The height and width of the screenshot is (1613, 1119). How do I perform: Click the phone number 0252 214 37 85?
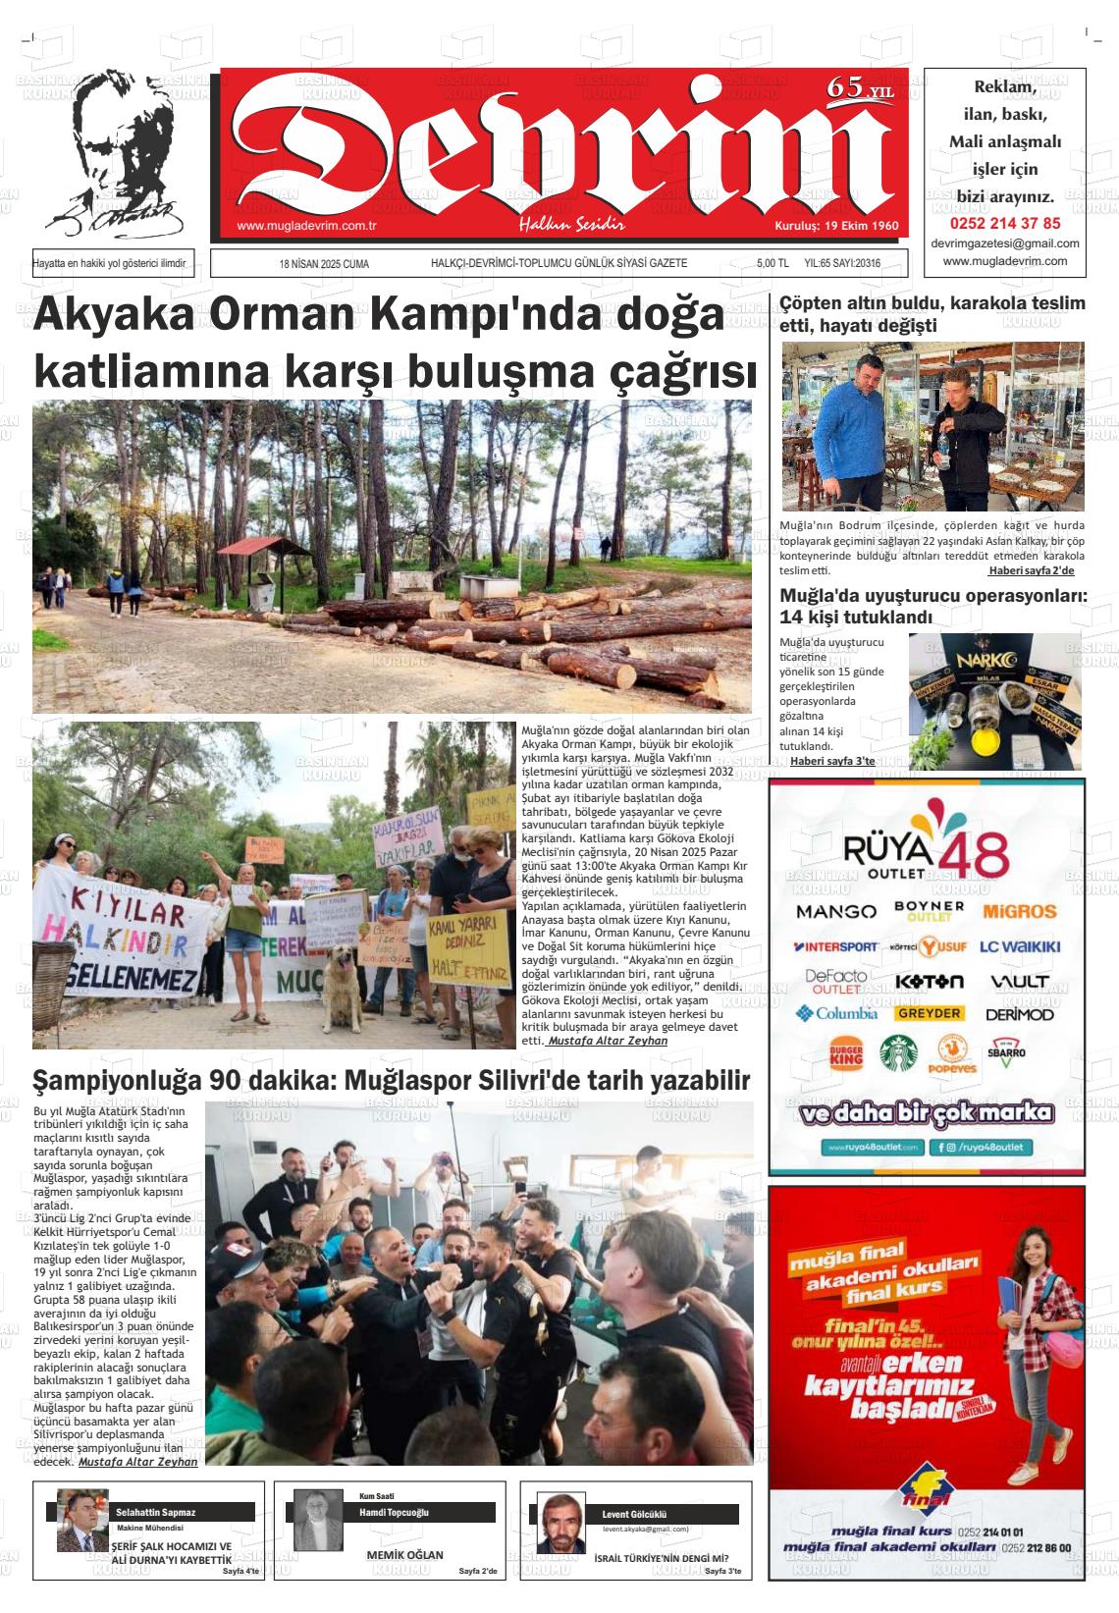pyautogui.click(x=1005, y=223)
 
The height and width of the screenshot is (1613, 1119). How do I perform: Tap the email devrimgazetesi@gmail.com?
pyautogui.click(x=1005, y=243)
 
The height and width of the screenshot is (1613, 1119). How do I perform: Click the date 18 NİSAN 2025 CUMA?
pyautogui.click(x=324, y=264)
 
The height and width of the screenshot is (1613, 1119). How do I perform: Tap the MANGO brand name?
pyautogui.click(x=835, y=911)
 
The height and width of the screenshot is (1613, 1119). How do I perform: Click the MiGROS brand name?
pyautogui.click(x=1019, y=911)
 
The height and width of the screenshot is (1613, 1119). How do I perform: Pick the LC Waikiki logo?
pyautogui.click(x=1019, y=946)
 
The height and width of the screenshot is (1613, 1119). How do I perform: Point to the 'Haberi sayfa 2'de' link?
pyautogui.click(x=1030, y=571)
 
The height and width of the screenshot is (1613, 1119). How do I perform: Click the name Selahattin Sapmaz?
pyautogui.click(x=156, y=1513)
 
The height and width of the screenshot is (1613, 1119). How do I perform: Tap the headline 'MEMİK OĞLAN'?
pyautogui.click(x=404, y=1555)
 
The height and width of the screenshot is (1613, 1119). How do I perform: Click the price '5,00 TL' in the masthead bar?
pyautogui.click(x=773, y=264)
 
